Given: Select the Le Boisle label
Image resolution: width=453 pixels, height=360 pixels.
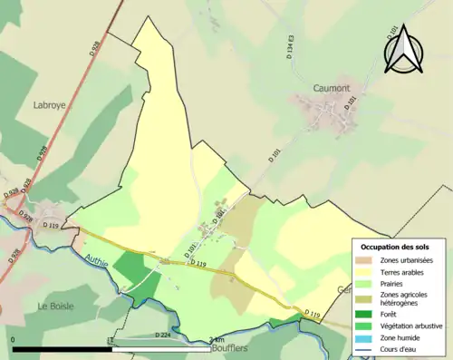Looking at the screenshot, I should coord(55,307).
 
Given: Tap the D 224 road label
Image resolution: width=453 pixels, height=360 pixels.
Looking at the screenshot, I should coord(163,336).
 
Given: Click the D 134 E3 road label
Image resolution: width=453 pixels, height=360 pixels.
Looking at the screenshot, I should coord(290,47).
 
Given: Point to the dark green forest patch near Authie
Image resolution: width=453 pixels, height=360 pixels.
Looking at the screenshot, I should coord(131,268).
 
